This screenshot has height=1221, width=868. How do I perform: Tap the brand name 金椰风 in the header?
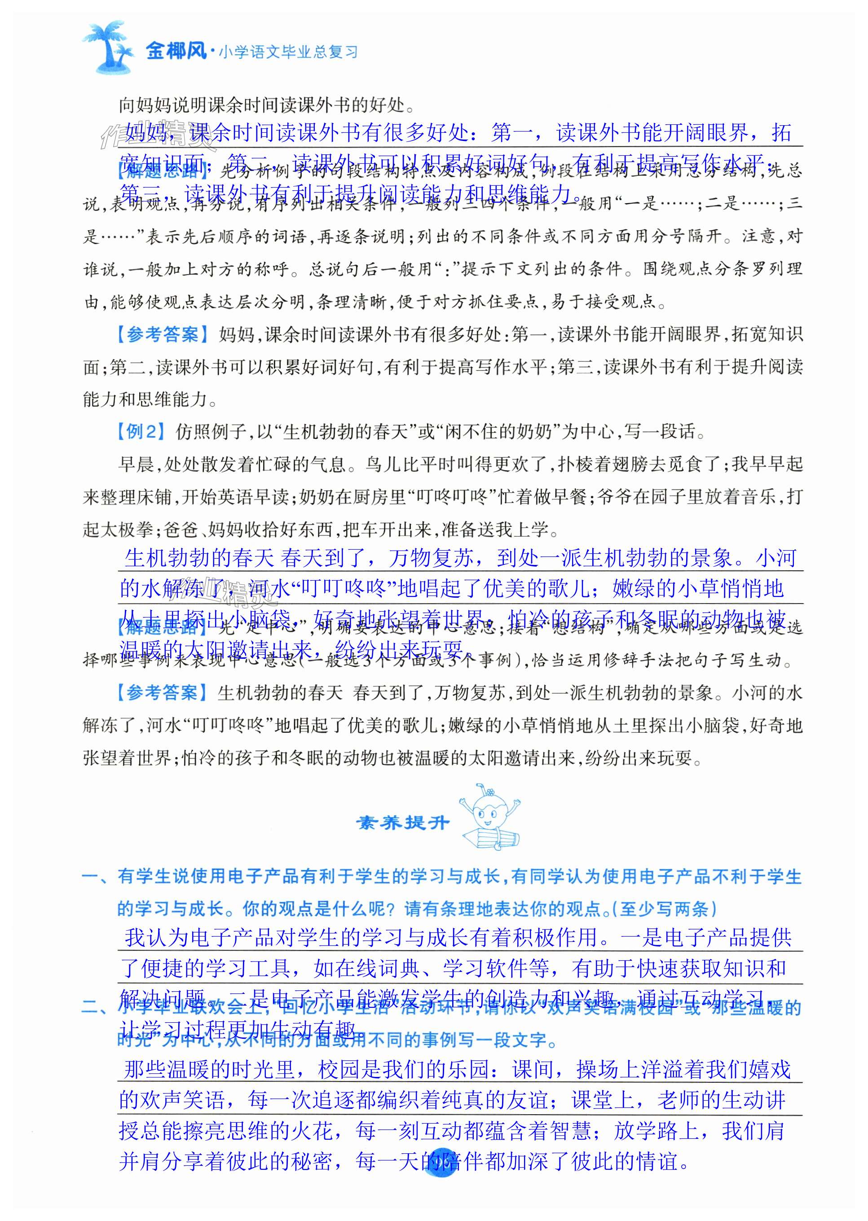click(176, 51)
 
